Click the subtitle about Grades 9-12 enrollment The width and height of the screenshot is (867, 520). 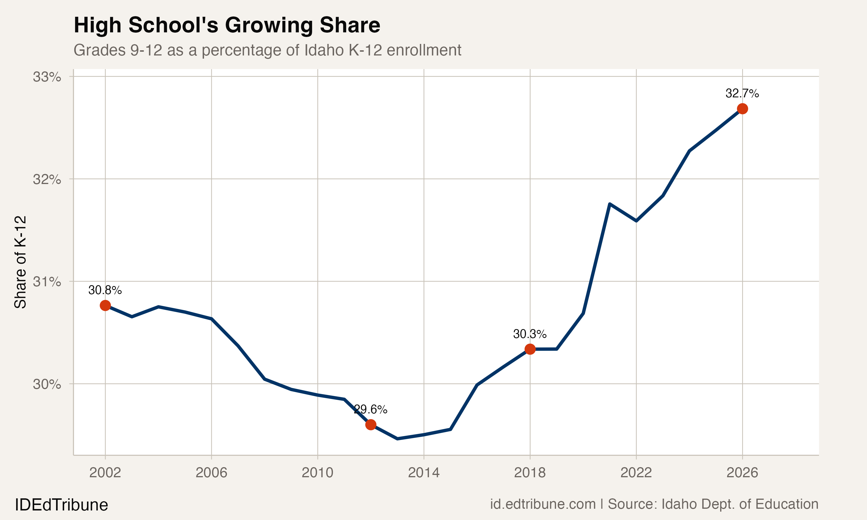267,50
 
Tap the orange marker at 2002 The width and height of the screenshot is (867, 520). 105,306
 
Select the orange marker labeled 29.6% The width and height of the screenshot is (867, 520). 371,425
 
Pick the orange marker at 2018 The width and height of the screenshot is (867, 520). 530,349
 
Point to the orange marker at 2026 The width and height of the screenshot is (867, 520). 742,109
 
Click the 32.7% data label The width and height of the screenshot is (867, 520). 742,94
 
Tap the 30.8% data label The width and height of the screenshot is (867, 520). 105,290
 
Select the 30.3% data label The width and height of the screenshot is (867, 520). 529,334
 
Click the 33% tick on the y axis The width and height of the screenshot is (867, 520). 47,77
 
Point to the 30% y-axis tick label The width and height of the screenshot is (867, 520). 47,385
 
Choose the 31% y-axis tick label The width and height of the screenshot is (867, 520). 47,281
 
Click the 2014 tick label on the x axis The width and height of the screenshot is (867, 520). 423,473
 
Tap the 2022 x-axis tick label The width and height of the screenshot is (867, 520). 636,473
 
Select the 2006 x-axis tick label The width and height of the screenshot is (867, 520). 211,473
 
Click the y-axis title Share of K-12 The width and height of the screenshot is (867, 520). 20,262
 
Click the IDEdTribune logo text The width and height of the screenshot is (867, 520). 61,505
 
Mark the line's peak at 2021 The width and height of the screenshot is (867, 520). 610,204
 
